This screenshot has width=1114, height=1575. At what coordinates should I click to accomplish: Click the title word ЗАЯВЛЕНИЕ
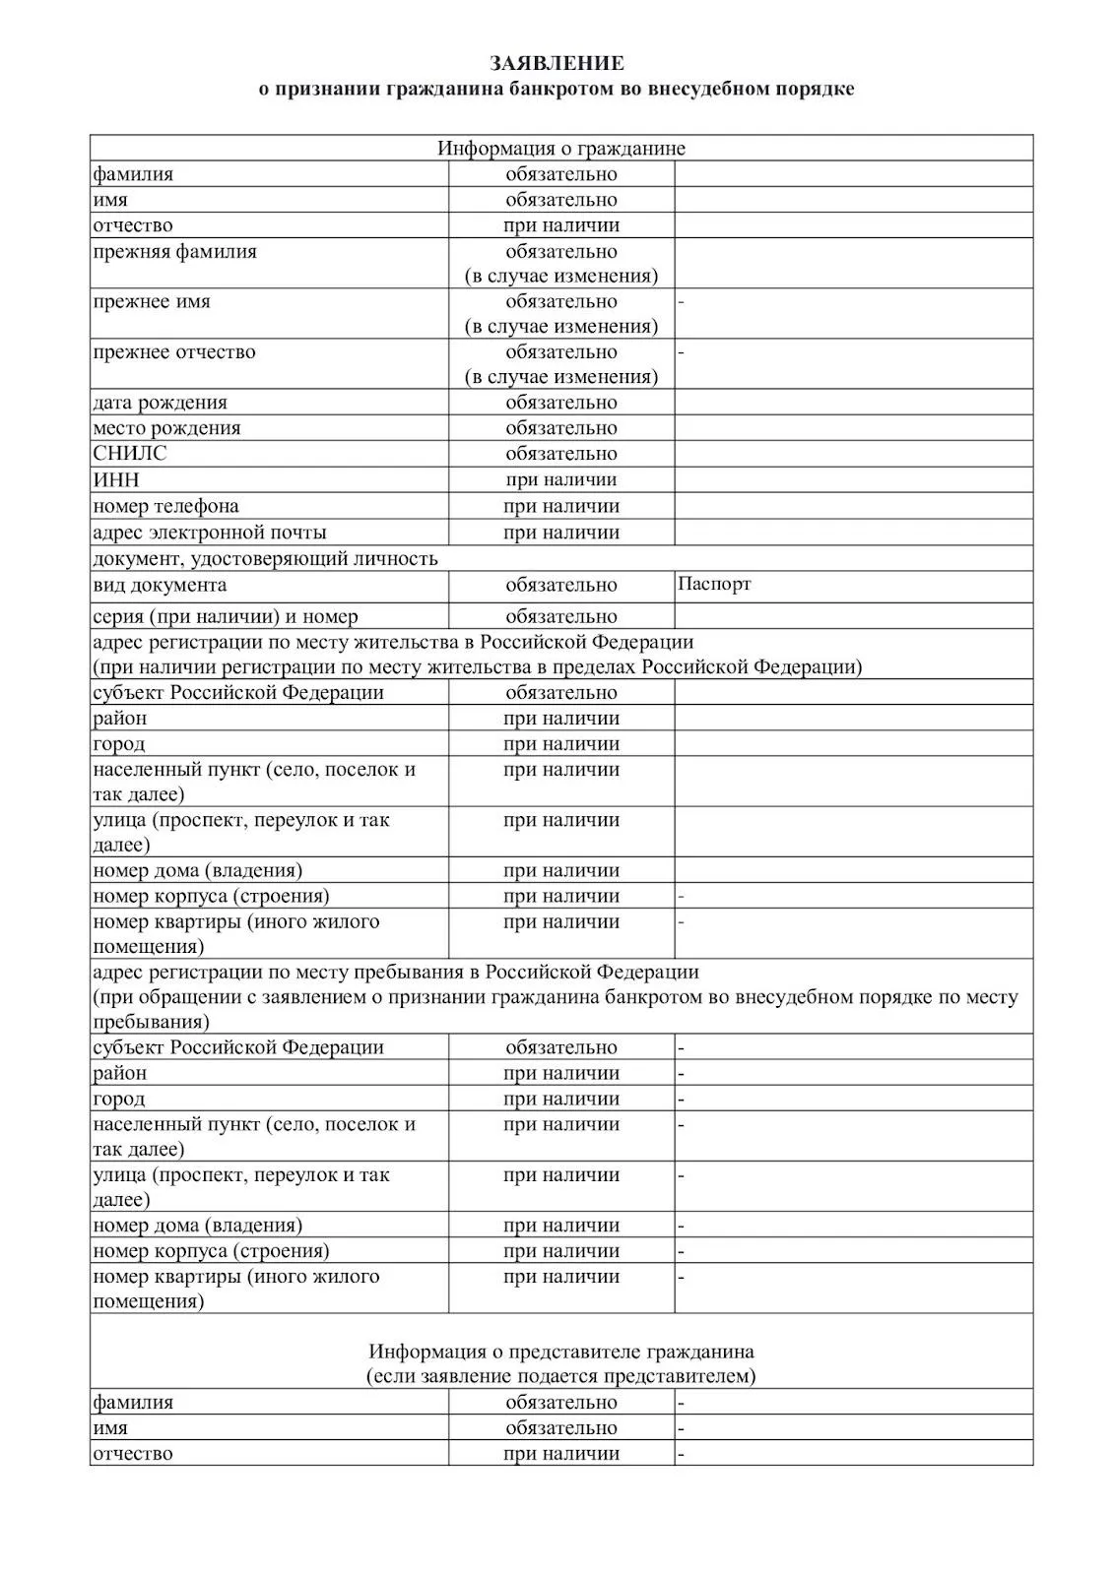557,64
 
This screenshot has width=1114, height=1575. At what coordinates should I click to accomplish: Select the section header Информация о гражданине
561,149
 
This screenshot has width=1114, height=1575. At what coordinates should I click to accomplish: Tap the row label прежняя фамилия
174,252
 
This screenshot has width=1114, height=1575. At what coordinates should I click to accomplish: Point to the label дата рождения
160,403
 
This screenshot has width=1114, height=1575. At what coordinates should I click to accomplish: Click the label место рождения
166,428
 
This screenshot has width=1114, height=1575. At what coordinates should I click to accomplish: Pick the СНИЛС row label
130,454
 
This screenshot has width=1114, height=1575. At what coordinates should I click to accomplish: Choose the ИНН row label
116,480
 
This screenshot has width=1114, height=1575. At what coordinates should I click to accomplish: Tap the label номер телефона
165,506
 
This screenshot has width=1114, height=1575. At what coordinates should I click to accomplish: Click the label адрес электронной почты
210,533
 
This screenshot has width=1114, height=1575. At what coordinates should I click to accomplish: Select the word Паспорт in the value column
714,584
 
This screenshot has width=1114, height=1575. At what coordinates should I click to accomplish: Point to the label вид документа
160,585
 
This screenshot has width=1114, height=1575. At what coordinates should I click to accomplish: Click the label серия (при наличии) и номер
226,616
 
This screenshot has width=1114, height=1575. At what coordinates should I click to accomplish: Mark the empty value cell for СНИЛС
853,454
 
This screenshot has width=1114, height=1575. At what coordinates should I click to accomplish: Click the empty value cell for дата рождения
853,403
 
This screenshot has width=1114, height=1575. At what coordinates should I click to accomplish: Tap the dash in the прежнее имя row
681,302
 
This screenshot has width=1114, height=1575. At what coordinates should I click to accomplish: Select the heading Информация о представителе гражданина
561,1351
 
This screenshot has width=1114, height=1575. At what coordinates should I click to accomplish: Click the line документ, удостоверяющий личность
265,559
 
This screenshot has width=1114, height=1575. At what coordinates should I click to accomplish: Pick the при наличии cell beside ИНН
561,480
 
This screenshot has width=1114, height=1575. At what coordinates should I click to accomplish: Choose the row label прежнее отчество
174,352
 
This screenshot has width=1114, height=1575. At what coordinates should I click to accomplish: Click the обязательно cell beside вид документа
561,585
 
